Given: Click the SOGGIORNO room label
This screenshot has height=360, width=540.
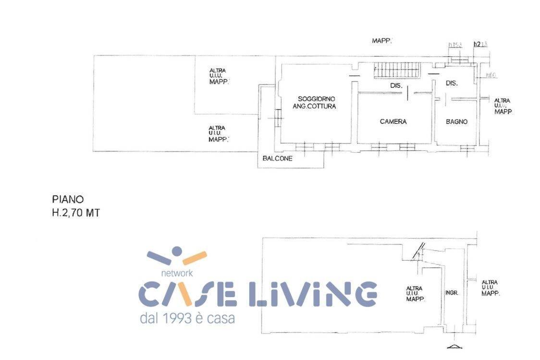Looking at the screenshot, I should (316, 98).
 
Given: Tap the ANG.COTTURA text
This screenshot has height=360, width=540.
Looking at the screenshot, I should (314, 106).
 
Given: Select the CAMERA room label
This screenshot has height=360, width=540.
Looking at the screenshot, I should (393, 121).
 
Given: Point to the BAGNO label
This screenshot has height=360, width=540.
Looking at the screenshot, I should (456, 122).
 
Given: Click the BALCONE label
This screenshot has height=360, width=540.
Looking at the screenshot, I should (277, 158).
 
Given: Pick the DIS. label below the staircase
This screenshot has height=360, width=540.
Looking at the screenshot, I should (396, 85).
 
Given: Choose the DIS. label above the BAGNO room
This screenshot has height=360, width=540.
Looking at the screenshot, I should (452, 83).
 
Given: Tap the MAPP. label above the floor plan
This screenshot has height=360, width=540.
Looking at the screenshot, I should (382, 41).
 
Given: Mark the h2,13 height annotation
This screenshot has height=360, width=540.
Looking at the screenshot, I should (480, 44).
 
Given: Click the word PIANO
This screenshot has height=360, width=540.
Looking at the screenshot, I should (67, 199).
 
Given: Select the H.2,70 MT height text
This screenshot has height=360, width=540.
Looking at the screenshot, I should (76, 213).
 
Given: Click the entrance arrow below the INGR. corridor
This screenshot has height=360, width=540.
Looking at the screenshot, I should (453, 346).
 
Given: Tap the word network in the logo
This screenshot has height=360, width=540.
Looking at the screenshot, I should (177, 273).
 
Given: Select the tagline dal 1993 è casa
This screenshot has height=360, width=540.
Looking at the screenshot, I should (187, 318).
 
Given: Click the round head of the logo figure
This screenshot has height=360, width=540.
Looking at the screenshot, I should (177, 251).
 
